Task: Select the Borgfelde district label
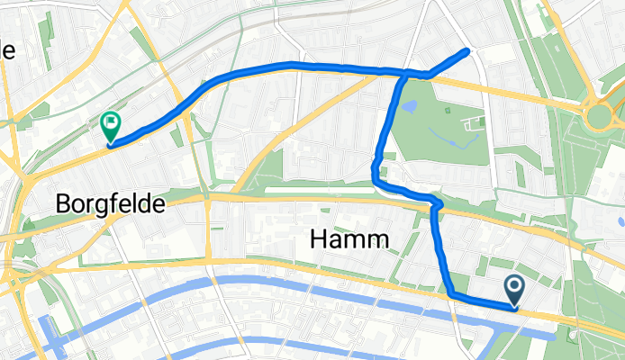pyautogui.click(x=110, y=205)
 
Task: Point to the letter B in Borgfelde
pyautogui.click(x=63, y=205)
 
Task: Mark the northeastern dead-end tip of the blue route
pyautogui.click(x=467, y=51)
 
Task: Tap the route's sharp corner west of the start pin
pyautogui.click(x=449, y=293)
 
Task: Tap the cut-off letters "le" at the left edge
pyautogui.click(x=7, y=51)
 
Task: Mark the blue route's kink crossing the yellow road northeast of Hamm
pyautogui.click(x=438, y=206)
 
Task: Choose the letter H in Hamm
pyautogui.click(x=318, y=239)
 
